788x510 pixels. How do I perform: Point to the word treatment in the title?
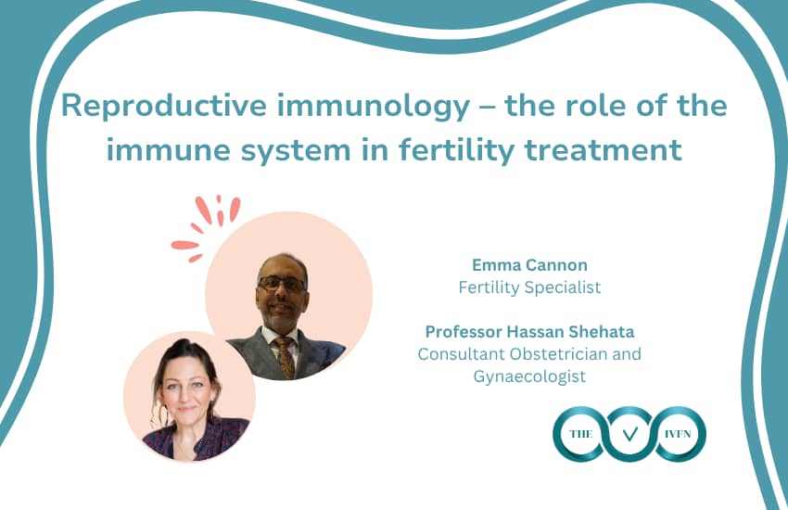603,150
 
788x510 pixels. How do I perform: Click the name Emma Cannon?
529,265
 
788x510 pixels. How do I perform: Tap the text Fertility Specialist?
529,287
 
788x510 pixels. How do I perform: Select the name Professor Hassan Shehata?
529,332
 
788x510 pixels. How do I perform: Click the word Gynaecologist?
529,376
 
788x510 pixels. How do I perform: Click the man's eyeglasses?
282,284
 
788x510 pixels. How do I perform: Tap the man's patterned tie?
285,357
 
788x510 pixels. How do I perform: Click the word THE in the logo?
581,434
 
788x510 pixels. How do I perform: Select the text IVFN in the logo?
678,434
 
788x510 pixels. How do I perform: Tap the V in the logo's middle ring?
629,434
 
